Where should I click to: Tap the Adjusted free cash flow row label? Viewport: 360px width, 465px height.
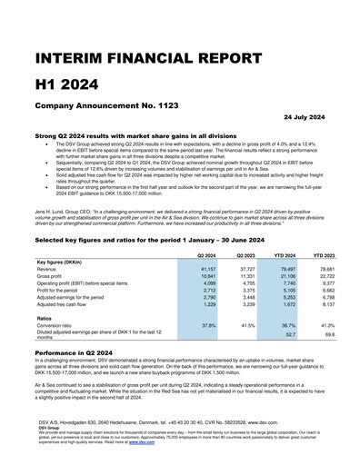point(69,279)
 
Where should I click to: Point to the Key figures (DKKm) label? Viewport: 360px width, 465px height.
point(65,236)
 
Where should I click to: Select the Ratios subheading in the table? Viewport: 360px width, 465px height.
point(45,292)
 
